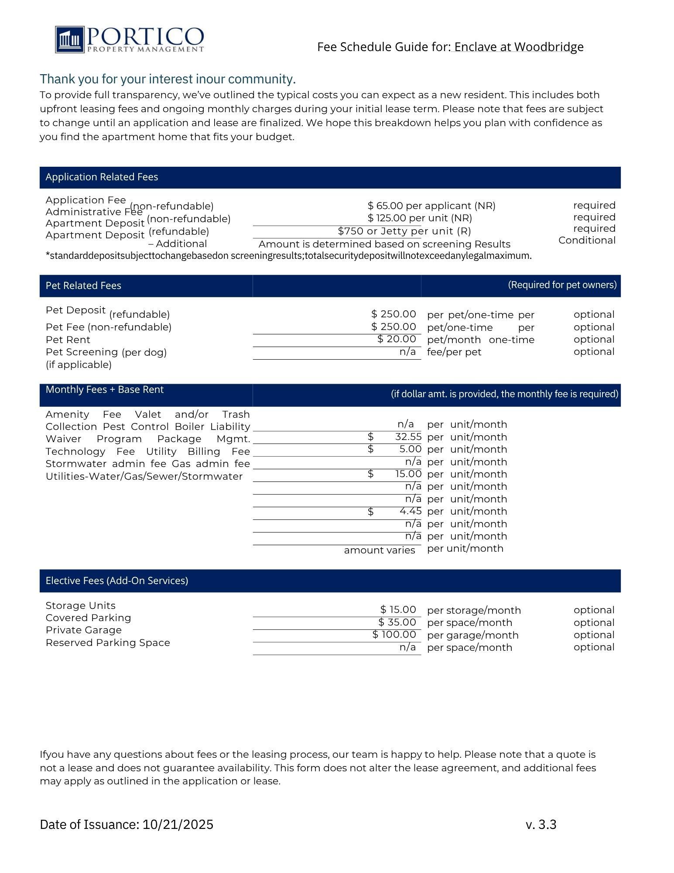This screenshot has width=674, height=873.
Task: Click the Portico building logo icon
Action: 70,40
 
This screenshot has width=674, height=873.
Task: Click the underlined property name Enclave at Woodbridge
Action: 518,47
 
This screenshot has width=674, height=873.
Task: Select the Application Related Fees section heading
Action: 102,177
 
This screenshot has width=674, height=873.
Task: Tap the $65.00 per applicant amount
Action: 431,206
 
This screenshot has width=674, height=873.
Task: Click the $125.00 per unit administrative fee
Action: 420,218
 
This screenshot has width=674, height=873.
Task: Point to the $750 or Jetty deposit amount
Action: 404,231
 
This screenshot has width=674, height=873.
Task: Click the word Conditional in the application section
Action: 586,240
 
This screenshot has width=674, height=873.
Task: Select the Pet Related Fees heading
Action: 83,285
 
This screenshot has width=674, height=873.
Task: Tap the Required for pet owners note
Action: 562,285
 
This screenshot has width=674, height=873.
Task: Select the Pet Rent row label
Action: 68,340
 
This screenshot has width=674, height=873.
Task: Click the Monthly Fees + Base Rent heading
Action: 105,389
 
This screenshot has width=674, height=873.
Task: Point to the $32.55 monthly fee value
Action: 408,437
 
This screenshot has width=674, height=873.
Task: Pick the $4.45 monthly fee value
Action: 410,511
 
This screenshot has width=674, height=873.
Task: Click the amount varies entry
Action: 379,550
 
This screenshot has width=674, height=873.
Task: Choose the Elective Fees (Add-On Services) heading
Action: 117,581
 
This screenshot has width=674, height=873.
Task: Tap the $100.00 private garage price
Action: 394,634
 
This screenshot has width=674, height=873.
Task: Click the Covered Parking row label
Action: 88,618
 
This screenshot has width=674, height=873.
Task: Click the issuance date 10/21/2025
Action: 178,825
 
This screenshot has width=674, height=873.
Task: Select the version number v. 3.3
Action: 541,825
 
